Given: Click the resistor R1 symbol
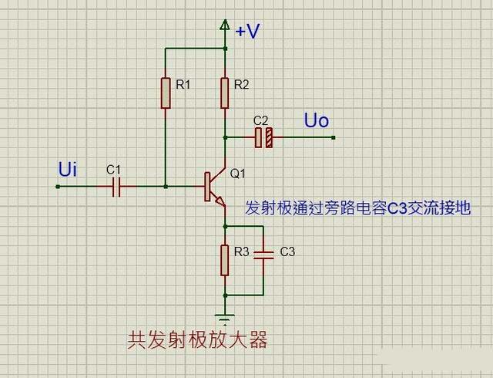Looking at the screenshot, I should (x=165, y=93).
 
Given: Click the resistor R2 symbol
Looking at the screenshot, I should (x=225, y=93).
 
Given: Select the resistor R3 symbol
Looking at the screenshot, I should (x=225, y=260).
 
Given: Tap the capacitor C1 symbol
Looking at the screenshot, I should (x=116, y=186).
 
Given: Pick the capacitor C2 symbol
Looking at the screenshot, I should (x=263, y=137).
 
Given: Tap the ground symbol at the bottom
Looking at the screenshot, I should (x=225, y=318).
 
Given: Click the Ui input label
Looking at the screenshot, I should (x=68, y=170).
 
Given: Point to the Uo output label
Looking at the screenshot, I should (x=316, y=120).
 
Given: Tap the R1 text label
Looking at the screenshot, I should (x=183, y=84).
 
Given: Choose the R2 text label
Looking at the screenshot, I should (x=242, y=84).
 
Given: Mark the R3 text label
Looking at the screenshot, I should (x=242, y=251).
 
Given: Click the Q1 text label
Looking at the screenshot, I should (x=237, y=174).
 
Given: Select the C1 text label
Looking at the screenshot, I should (x=113, y=169).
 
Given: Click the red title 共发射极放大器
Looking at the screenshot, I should (x=197, y=340).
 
